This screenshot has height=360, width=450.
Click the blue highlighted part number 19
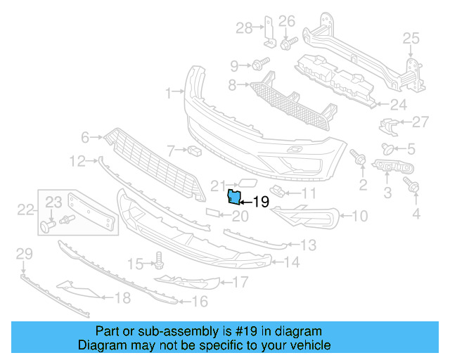coord(233,196)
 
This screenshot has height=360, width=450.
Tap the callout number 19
coord(260,202)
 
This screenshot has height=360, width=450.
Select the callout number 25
coord(411,38)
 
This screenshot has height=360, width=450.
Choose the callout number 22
coord(25,209)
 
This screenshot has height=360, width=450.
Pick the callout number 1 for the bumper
coord(169,93)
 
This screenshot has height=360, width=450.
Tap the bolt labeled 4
coord(412,186)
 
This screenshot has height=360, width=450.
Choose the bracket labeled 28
coord(266,31)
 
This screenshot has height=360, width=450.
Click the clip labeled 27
coord(387,125)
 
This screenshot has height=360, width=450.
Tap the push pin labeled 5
coord(386,148)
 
